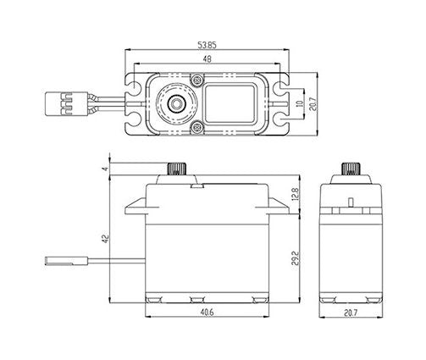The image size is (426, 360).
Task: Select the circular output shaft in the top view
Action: click(x=177, y=103)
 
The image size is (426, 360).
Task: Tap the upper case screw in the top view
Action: click(x=196, y=80)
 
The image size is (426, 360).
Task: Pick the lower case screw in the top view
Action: click(x=196, y=127)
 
